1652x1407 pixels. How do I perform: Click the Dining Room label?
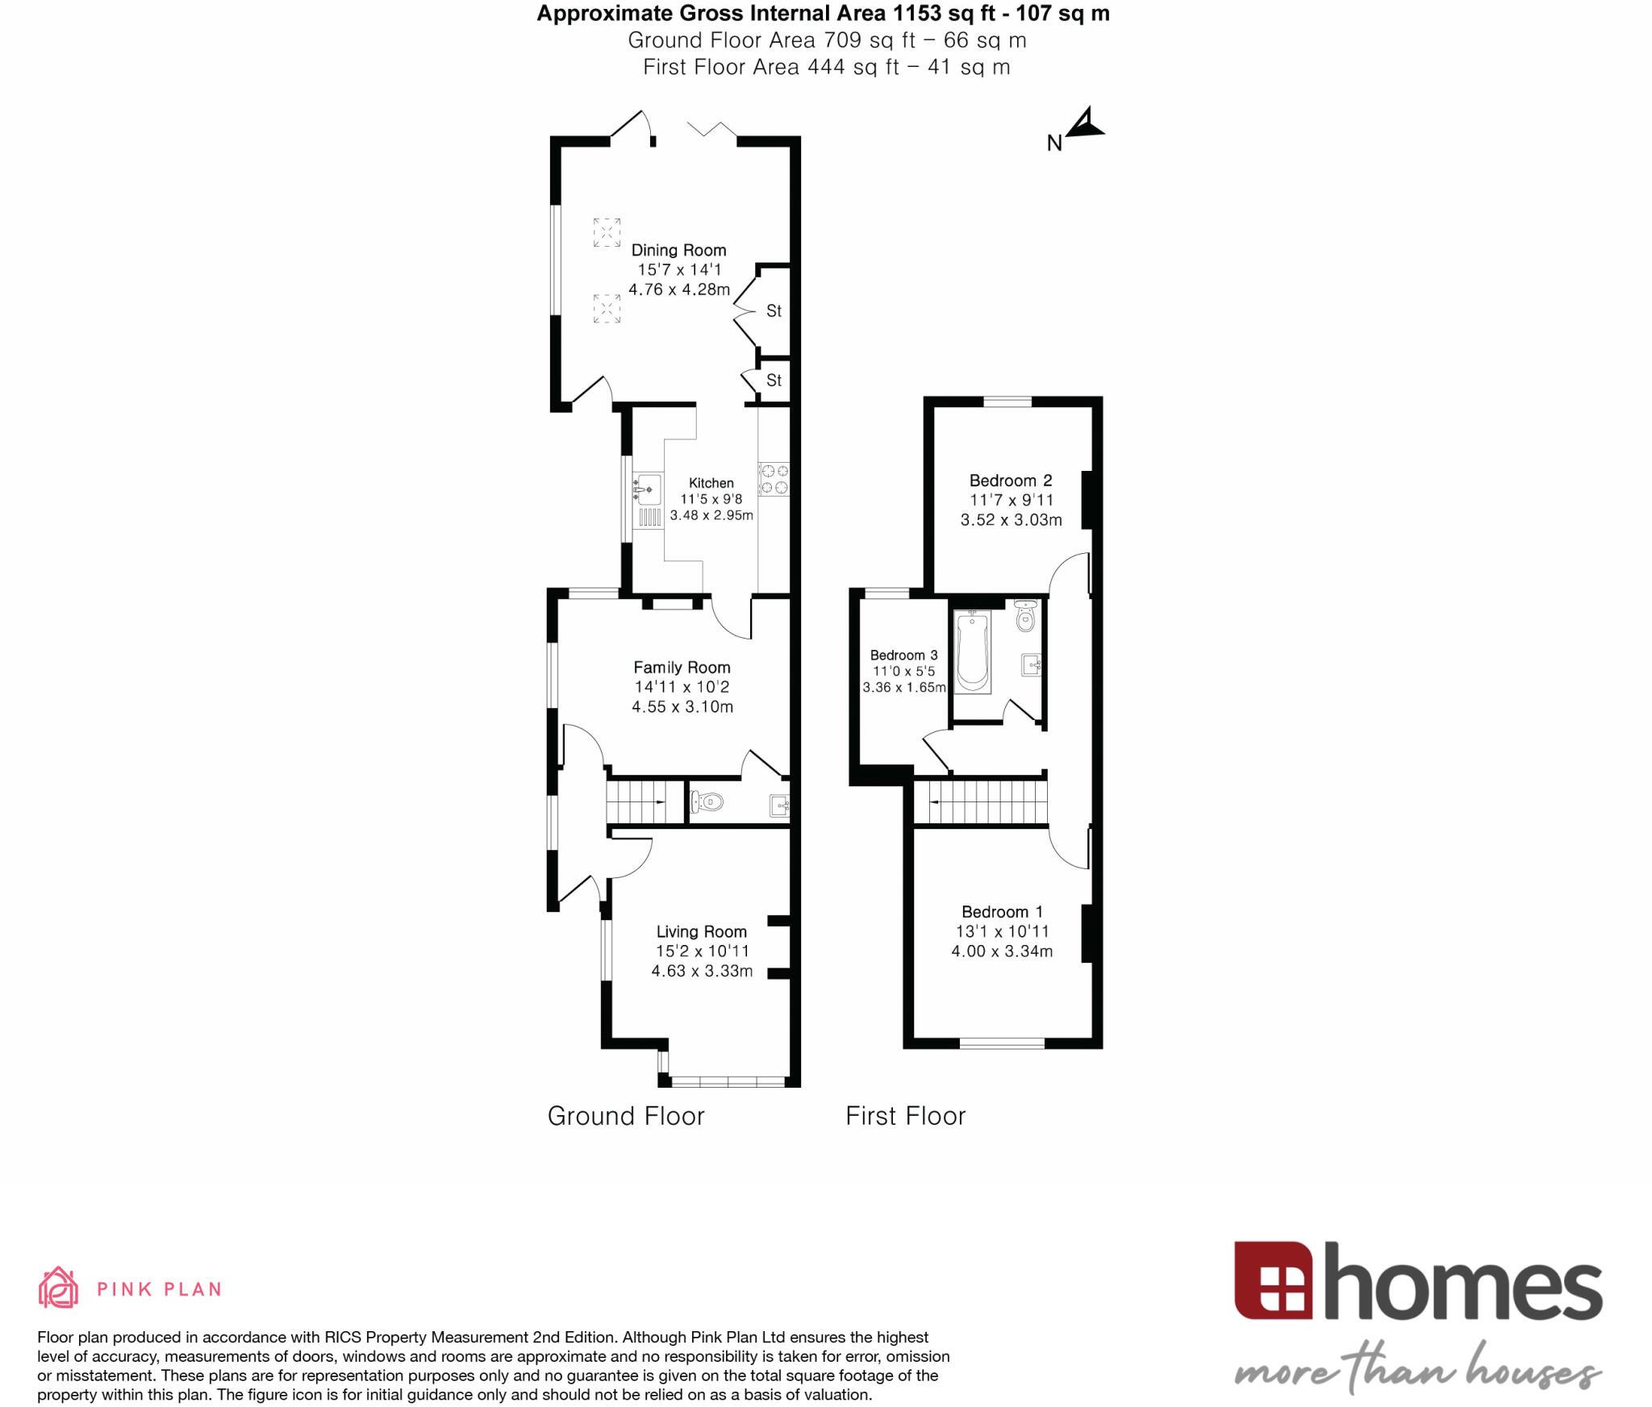click(678, 250)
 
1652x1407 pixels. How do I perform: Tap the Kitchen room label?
click(711, 483)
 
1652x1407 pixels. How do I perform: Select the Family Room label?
click(682, 668)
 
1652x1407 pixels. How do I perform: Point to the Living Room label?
click(701, 932)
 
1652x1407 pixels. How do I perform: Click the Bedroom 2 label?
click(1011, 481)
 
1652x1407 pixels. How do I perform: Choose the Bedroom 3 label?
click(903, 656)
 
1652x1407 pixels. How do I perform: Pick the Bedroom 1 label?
click(1002, 912)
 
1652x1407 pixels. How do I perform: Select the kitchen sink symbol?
click(648, 489)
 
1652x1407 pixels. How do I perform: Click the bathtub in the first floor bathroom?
click(973, 651)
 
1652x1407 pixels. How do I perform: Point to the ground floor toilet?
click(707, 802)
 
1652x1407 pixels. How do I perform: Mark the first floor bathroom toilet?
click(1025, 617)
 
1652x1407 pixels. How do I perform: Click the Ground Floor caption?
click(626, 1116)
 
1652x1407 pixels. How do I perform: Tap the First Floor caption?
click(905, 1116)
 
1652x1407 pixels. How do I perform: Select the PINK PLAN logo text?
click(159, 1289)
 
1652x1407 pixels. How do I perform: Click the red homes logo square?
click(1273, 1280)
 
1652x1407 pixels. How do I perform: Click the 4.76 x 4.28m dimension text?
click(679, 289)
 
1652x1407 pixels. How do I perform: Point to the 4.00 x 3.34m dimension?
click(1002, 951)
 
